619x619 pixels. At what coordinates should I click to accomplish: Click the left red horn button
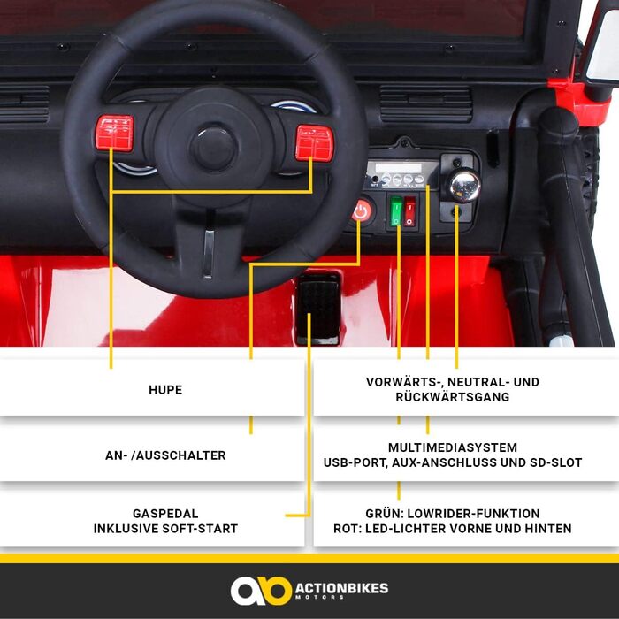[x=114, y=133]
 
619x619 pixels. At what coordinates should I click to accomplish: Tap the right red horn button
[x=315, y=143]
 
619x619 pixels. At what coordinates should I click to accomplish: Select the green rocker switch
[x=396, y=211]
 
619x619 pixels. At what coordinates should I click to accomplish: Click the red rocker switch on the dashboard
[x=409, y=211]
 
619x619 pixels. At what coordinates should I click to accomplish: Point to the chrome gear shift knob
[x=464, y=185]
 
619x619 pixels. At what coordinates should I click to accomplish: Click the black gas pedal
[x=318, y=309]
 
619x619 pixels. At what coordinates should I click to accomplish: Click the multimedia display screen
[x=398, y=168]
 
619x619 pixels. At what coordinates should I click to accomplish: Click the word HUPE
[x=165, y=390]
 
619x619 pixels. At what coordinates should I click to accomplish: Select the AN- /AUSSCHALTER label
[x=165, y=455]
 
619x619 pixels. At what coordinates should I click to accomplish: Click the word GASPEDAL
[x=165, y=514]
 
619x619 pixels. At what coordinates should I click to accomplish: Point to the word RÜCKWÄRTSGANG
[x=453, y=397]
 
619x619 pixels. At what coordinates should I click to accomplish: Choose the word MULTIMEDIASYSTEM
[x=453, y=447]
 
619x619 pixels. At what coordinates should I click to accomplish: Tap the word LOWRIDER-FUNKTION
[x=473, y=514]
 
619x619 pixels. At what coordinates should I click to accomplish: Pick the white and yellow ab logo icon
[x=261, y=591]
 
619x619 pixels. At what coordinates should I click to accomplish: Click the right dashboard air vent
[x=425, y=103]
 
